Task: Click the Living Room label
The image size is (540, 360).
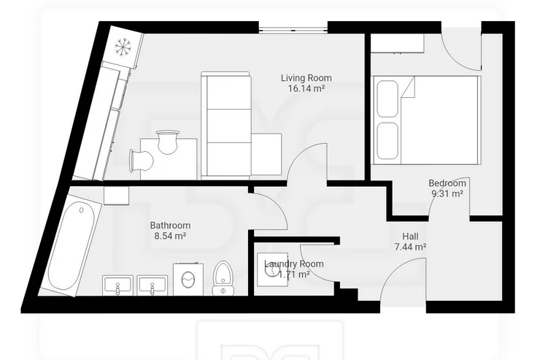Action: (306, 78)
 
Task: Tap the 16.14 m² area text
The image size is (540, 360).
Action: (306, 88)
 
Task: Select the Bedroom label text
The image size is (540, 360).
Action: (447, 183)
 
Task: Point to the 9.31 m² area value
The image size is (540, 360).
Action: (447, 194)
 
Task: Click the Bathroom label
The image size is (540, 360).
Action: (170, 226)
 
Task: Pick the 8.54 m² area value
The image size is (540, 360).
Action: (170, 236)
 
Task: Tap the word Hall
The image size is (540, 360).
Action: (411, 237)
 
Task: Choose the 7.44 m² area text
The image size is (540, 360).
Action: (411, 247)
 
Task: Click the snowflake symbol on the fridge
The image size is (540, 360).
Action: (123, 47)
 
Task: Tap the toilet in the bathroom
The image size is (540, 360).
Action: (223, 278)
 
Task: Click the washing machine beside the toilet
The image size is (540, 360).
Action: (188, 279)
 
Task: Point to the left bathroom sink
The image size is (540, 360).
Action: (117, 286)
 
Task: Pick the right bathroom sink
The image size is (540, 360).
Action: (153, 286)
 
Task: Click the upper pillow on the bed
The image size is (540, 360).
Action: (387, 99)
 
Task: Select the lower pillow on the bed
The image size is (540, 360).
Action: (387, 141)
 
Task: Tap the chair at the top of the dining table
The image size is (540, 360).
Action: (167, 141)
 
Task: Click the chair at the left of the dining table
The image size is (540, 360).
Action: (141, 160)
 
